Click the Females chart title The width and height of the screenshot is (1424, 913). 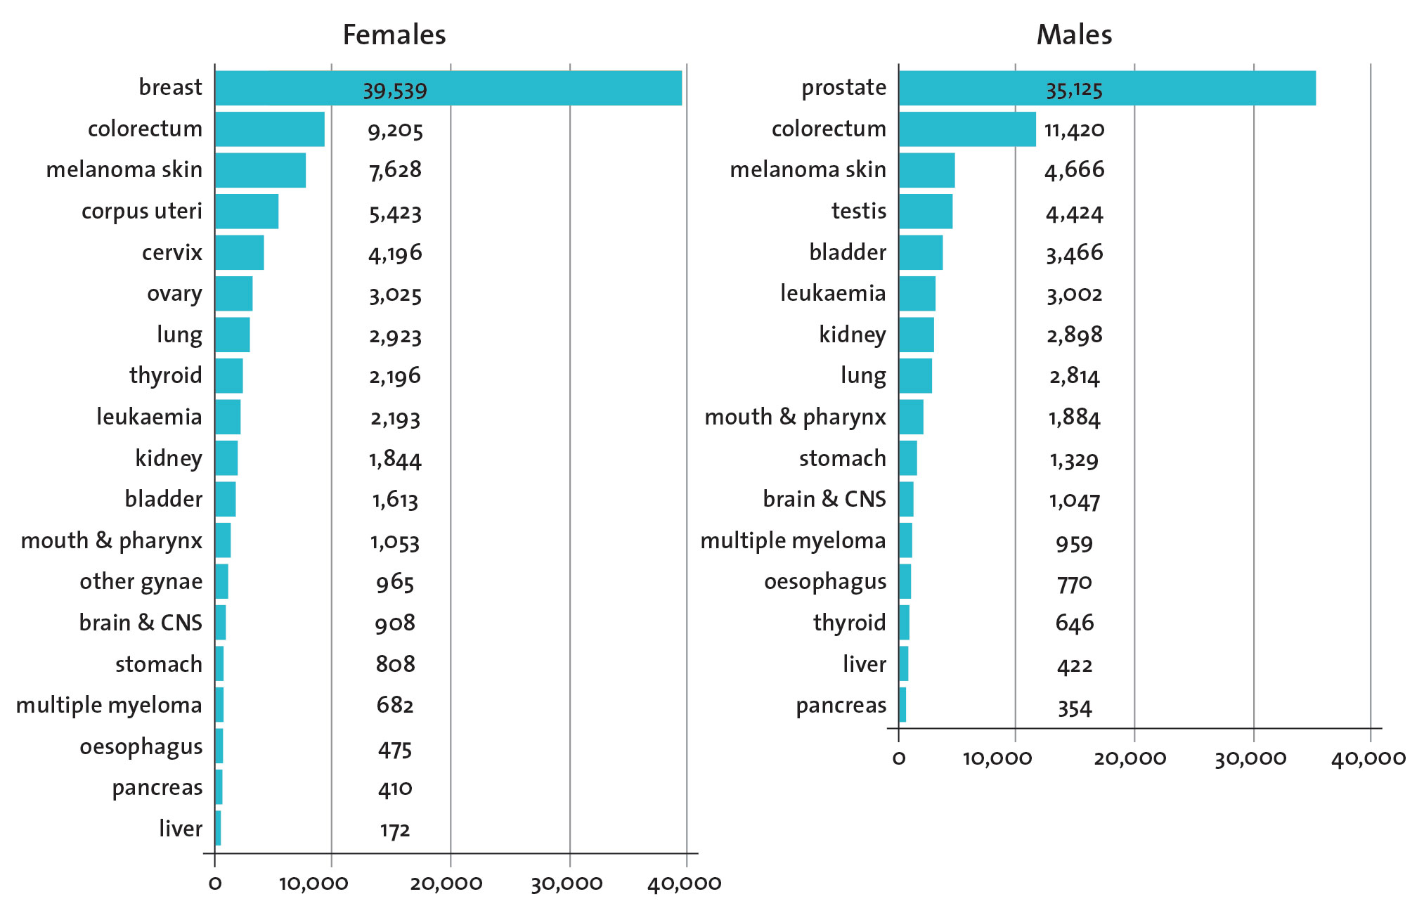click(x=394, y=35)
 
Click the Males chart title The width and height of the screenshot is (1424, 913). click(x=1074, y=35)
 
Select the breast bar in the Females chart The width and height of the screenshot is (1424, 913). click(x=448, y=88)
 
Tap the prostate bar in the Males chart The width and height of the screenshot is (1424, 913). click(x=1106, y=88)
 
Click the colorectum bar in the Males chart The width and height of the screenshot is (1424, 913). click(x=966, y=129)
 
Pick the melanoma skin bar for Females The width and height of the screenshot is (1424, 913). click(x=260, y=170)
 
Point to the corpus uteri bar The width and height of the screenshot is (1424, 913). click(x=246, y=212)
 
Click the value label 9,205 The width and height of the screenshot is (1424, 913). click(x=395, y=131)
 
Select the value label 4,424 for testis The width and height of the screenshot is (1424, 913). click(x=1074, y=213)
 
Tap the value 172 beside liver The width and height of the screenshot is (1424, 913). click(x=395, y=831)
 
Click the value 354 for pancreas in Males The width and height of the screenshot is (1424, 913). click(x=1074, y=708)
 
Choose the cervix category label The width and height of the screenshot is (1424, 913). click(x=171, y=252)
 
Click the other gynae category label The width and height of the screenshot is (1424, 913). click(x=141, y=582)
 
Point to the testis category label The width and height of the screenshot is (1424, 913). click(x=858, y=212)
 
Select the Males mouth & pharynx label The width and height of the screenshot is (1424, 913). click(x=795, y=417)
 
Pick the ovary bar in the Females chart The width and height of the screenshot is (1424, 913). click(x=233, y=294)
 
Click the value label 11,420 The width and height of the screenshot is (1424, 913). click(x=1074, y=130)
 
